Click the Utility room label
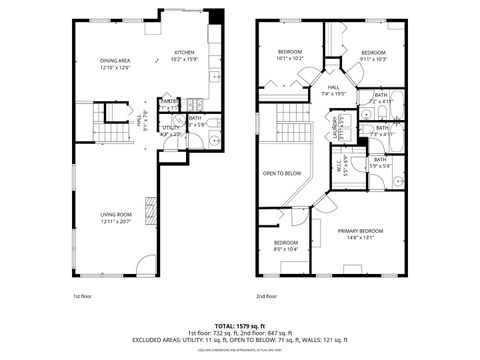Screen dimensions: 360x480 (x=171, y=129)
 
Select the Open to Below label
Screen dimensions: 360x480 (x=282, y=173)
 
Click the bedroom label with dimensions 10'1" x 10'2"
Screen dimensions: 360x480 (x=289, y=54)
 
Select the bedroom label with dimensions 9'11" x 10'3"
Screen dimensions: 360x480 (x=373, y=55)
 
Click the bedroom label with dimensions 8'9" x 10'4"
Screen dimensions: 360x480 (x=286, y=245)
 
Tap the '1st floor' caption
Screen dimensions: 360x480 (x=83, y=297)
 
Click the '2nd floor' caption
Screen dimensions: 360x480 (x=266, y=297)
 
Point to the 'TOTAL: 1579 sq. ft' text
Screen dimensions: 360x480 (x=239, y=325)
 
